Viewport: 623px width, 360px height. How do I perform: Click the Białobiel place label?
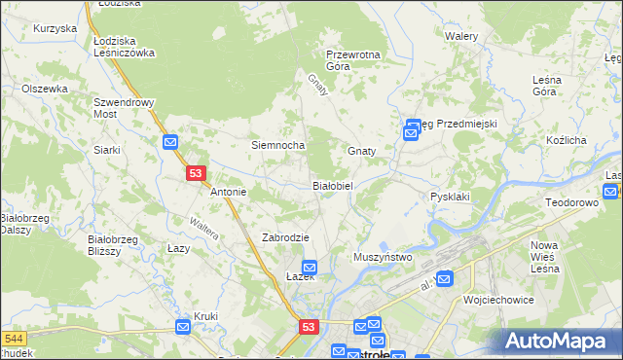[x=338, y=185]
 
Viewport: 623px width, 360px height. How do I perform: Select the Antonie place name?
[x=229, y=192]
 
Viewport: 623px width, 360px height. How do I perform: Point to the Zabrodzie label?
[x=285, y=237]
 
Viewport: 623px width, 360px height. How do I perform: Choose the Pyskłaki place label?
[x=450, y=197]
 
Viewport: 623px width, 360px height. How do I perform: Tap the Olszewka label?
[x=45, y=89]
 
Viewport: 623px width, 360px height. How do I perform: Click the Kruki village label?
[x=205, y=316]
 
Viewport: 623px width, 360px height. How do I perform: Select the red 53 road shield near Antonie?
[x=196, y=173]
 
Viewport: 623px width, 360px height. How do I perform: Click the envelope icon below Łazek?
[x=310, y=267]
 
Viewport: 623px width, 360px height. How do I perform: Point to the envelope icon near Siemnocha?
[x=170, y=142]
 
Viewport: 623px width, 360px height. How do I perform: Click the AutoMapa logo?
[x=559, y=341]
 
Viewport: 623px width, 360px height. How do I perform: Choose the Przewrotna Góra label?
[x=352, y=60]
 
